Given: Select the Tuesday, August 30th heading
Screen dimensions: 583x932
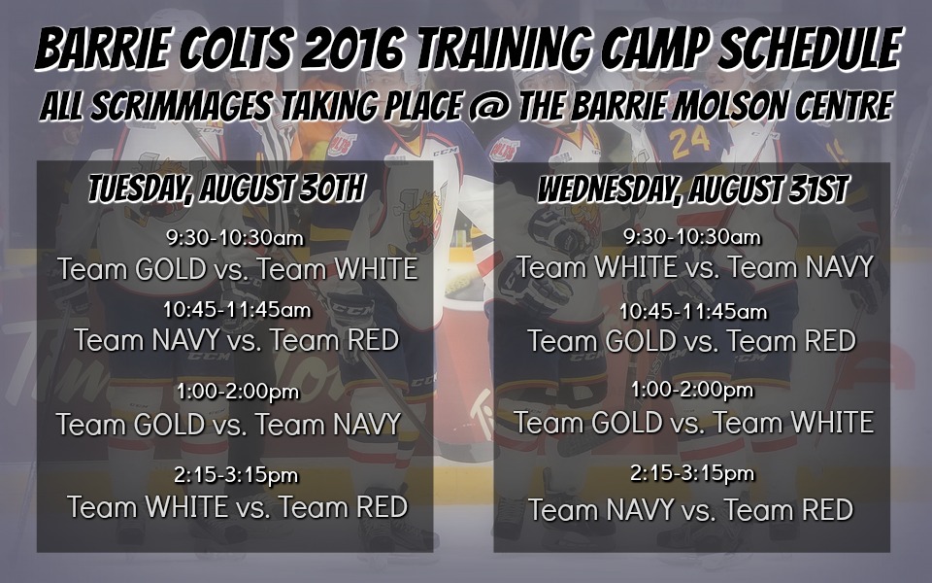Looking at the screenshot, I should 225,189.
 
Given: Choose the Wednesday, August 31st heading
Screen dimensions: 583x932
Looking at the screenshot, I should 692,189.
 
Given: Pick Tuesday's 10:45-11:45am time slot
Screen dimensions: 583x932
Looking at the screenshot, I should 237,310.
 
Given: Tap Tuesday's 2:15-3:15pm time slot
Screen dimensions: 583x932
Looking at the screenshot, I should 237,476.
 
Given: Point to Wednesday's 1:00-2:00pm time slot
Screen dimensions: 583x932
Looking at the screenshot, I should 691,391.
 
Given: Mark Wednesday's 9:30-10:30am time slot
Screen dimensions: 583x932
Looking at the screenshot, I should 691,237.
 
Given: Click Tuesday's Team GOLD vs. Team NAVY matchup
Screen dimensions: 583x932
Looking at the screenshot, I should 228,425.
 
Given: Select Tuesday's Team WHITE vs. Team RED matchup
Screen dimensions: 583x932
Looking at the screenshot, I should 237,507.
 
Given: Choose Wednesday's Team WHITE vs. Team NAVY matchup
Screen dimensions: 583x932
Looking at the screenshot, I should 696,267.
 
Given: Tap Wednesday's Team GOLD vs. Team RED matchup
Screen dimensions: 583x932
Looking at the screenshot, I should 691,341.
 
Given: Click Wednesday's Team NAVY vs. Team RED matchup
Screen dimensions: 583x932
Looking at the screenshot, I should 691,509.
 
